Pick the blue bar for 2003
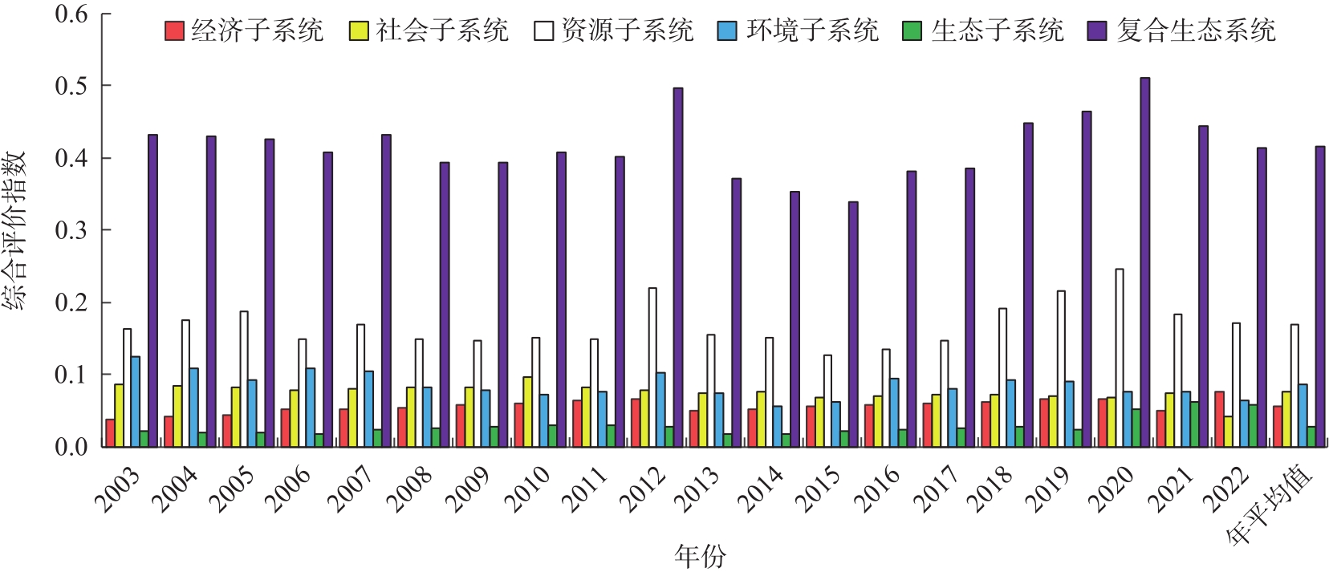point(136,401)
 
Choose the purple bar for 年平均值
point(1320,296)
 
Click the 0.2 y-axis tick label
point(71,302)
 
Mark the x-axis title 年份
point(700,556)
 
